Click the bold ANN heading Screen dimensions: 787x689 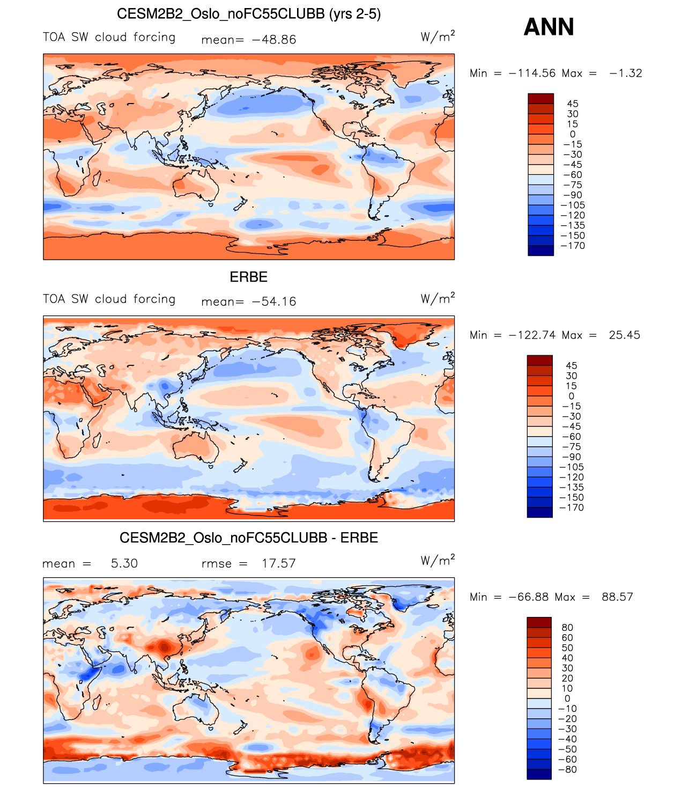[x=549, y=27]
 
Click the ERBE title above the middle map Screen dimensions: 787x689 [x=248, y=277]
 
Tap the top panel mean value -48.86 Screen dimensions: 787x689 [x=273, y=40]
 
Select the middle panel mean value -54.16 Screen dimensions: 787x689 [x=273, y=301]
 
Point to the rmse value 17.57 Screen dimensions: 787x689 [x=278, y=563]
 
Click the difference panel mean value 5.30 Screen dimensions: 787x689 [x=124, y=563]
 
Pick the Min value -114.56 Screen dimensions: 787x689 [x=532, y=73]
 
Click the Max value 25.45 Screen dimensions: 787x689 [x=624, y=335]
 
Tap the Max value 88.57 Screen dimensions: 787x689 [x=617, y=597]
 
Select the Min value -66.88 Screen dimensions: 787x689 [x=528, y=597]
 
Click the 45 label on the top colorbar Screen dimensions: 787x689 [x=573, y=104]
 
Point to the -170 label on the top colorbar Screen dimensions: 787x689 [x=573, y=246]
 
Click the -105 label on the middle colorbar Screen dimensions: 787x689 [x=572, y=467]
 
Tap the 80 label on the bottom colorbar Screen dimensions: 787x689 [x=567, y=628]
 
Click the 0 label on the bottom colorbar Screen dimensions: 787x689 [x=567, y=698]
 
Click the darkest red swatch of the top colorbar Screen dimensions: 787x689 [x=540, y=98]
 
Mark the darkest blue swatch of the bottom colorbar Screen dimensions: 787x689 [x=539, y=774]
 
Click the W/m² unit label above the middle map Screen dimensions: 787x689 [x=438, y=298]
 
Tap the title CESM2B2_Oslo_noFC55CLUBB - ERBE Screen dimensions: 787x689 [x=248, y=538]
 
